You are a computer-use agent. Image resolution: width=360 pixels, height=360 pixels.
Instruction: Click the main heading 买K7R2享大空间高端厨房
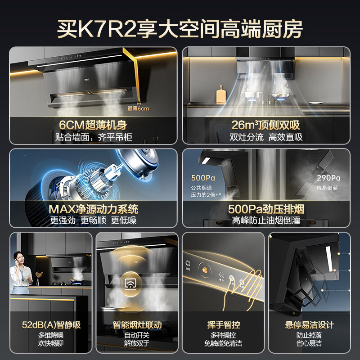pos(180,27)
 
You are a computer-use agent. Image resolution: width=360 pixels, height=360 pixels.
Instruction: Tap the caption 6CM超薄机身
pos(94,125)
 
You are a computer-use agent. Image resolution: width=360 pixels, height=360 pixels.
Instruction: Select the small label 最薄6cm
pos(138,108)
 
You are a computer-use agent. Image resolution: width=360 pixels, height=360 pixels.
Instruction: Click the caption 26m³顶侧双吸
pos(266,125)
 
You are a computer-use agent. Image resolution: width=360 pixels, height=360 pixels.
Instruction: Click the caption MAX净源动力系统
pos(94,209)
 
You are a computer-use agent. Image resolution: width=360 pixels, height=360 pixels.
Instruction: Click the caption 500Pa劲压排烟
pos(266,209)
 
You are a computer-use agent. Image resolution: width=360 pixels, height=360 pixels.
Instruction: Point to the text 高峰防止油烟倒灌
pos(266,220)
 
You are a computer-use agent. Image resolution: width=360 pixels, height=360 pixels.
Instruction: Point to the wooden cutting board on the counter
pos(221,95)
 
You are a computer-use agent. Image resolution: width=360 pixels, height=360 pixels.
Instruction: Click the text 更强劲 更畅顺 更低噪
pos(94,220)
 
